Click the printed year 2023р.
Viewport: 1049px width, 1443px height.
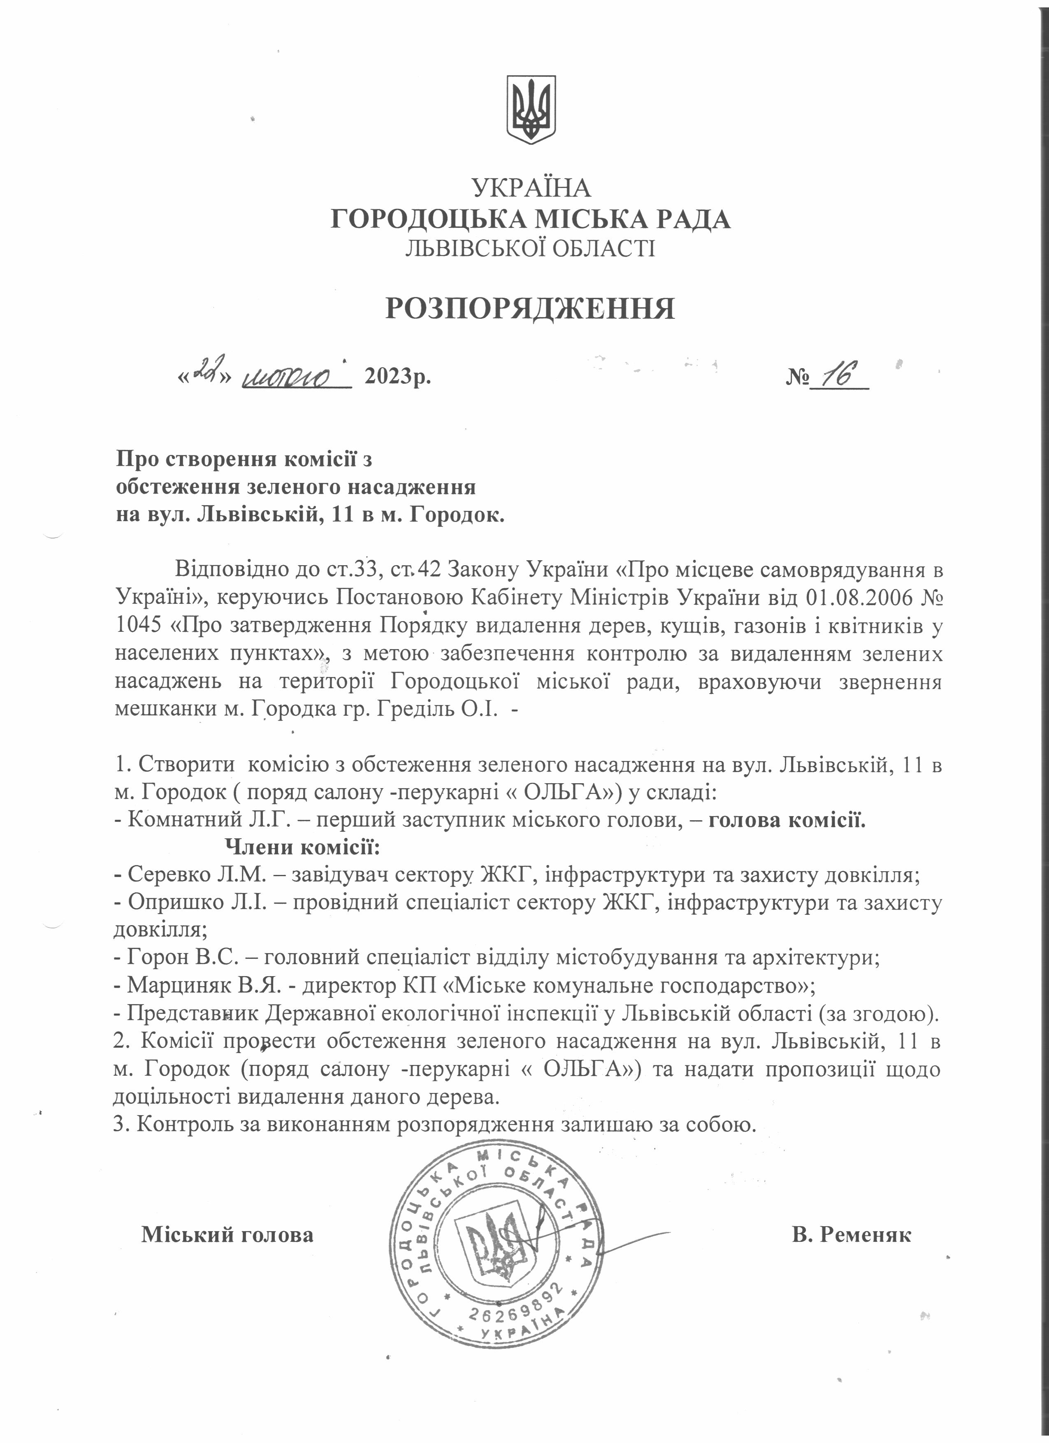(397, 377)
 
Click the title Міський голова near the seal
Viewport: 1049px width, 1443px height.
(227, 1234)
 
